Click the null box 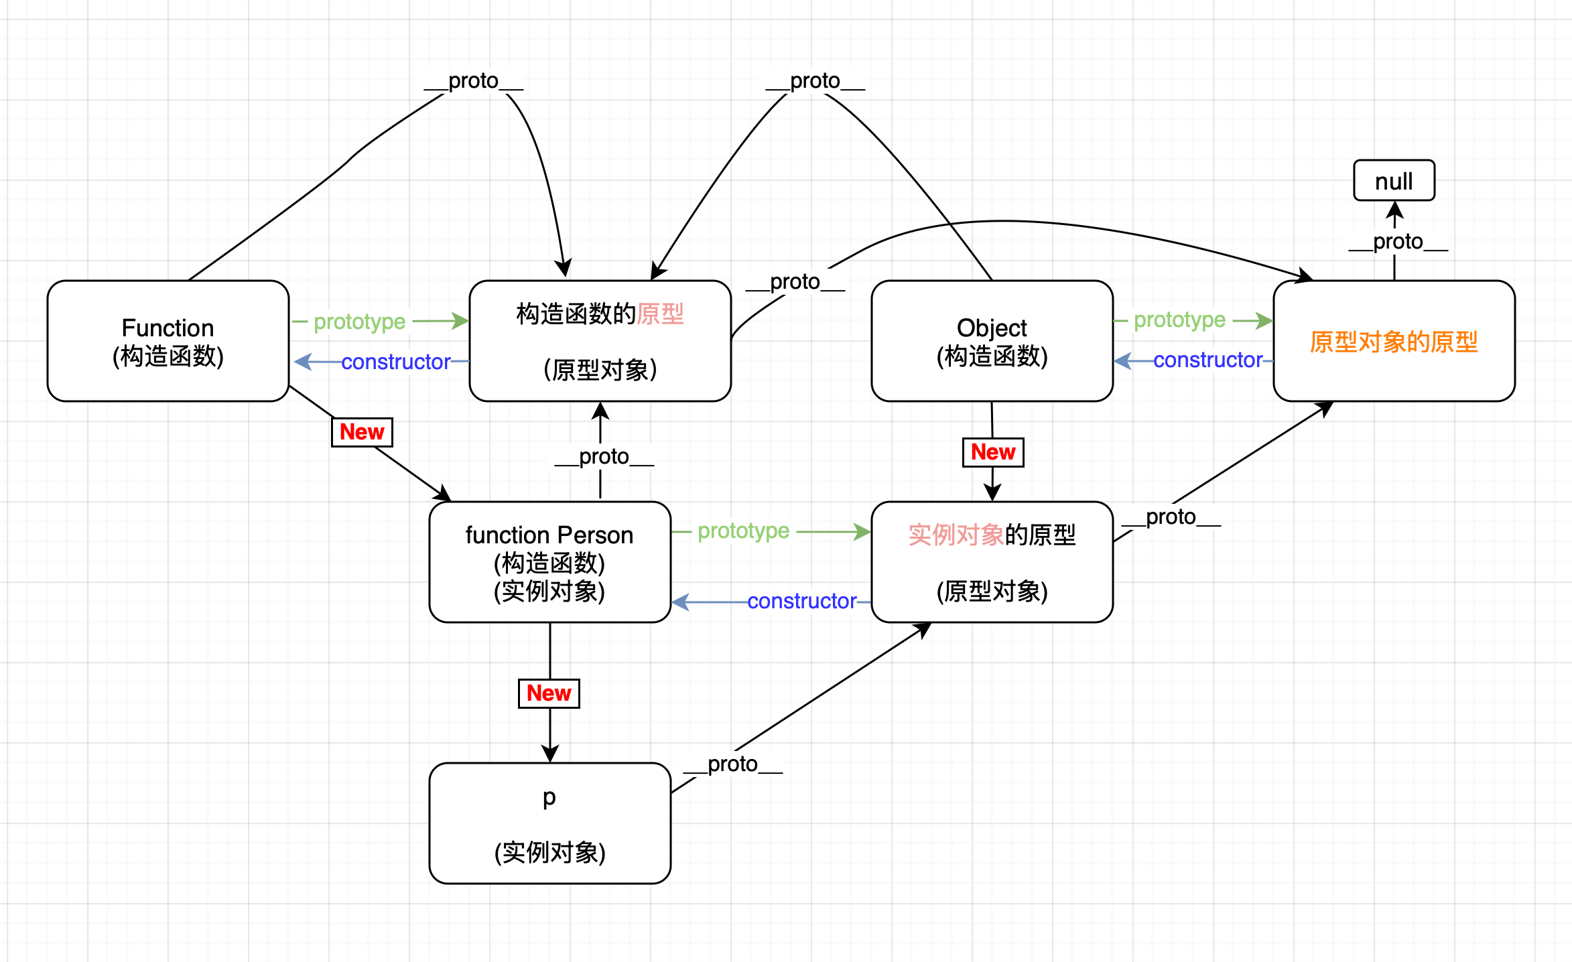coord(1394,181)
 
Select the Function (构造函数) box coord(168,341)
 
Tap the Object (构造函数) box coord(992,341)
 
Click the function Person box coord(549,562)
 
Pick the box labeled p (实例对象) coord(549,823)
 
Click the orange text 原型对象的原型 coord(1394,342)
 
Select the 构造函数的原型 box coord(600,341)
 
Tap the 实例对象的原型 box coord(992,562)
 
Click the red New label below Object coord(993,452)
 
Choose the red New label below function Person coord(549,693)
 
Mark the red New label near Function coord(362,432)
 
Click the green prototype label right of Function coord(360,322)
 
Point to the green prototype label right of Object coord(1179,320)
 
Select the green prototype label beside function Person coord(743,531)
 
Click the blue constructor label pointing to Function coord(396,362)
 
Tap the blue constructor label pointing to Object coord(1207,360)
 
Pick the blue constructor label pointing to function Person coord(801,602)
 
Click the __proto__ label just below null coord(1398,241)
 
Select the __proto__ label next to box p coord(732,764)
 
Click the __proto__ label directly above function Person coord(604,456)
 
